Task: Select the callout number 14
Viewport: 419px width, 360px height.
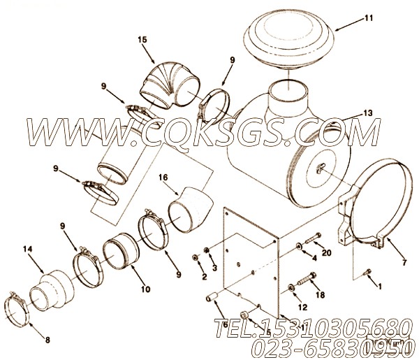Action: (27, 248)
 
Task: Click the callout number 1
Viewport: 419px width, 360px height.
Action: (378, 286)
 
